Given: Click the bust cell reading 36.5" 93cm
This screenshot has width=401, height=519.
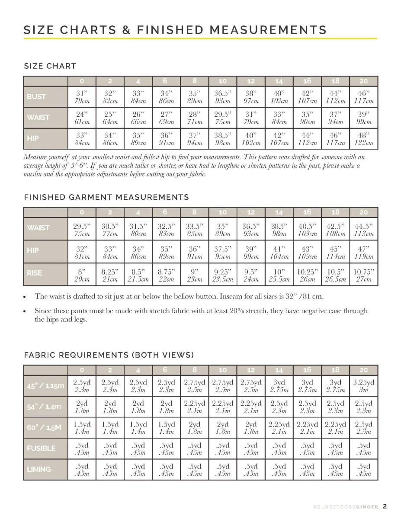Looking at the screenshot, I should click(x=223, y=97).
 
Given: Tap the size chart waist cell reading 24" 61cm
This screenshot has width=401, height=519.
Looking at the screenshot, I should click(x=82, y=118).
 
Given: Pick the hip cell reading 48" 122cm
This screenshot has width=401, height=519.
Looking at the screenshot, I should click(x=363, y=138).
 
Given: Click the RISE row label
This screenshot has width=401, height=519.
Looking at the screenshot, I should click(x=34, y=273).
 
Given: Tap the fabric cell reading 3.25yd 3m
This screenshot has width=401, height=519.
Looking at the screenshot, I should click(x=363, y=386).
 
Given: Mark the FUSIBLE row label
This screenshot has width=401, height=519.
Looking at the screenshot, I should click(x=41, y=449).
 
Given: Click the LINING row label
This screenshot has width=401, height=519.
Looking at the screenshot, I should click(x=38, y=469).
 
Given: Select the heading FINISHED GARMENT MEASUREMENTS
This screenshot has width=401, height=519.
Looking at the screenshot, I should click(x=106, y=197).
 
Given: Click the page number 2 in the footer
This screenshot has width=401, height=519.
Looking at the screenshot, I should click(x=385, y=506).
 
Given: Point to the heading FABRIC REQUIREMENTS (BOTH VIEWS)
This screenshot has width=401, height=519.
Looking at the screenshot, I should click(x=109, y=355).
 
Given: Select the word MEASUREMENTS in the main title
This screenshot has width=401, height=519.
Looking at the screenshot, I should click(x=265, y=30).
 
